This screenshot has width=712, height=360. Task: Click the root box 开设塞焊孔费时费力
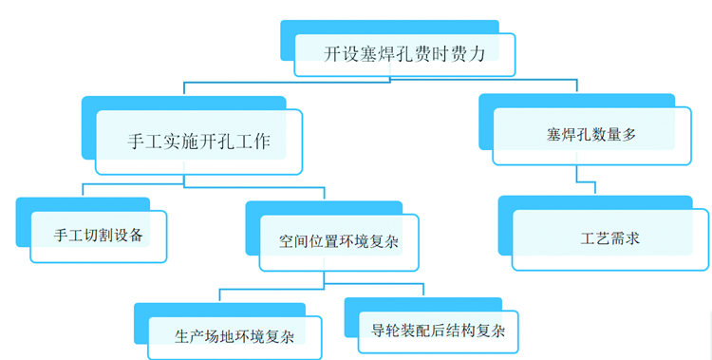click(x=404, y=55)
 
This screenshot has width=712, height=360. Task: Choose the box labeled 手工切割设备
click(x=99, y=235)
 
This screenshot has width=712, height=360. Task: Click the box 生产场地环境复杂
click(x=233, y=335)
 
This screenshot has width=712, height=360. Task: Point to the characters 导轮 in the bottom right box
click(x=387, y=332)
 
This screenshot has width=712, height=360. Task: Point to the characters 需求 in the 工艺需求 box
click(x=625, y=238)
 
